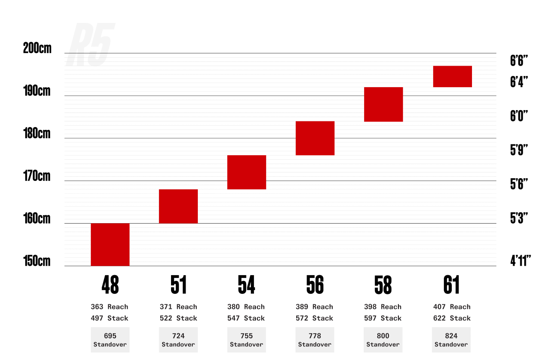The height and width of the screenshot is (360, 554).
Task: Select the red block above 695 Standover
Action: [110, 245]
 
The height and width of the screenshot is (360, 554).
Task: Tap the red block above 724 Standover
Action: [179, 206]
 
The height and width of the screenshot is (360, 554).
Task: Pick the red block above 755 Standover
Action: [247, 172]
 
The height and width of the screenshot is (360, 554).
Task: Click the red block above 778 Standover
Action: [315, 138]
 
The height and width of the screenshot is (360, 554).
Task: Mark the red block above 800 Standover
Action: [383, 104]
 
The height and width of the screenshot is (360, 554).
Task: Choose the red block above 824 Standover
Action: [452, 76]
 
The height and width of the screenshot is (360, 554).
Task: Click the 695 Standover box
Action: [110, 340]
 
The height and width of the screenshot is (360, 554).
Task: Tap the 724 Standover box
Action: [179, 340]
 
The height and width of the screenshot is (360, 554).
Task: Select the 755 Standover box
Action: [247, 340]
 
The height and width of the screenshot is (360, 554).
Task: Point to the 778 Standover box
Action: [315, 340]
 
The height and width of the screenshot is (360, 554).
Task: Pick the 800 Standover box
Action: [383, 340]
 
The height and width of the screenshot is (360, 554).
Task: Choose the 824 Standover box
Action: [451, 340]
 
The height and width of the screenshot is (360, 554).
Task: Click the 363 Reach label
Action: [109, 307]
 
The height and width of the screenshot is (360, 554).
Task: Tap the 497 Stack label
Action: [109, 318]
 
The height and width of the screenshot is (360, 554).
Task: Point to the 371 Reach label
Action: [178, 307]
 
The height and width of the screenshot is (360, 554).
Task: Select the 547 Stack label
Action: [246, 318]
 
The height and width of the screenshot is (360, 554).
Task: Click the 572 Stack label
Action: [314, 318]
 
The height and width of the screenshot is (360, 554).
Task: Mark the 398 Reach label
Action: [383, 307]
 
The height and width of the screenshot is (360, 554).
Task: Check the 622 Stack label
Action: [452, 318]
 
